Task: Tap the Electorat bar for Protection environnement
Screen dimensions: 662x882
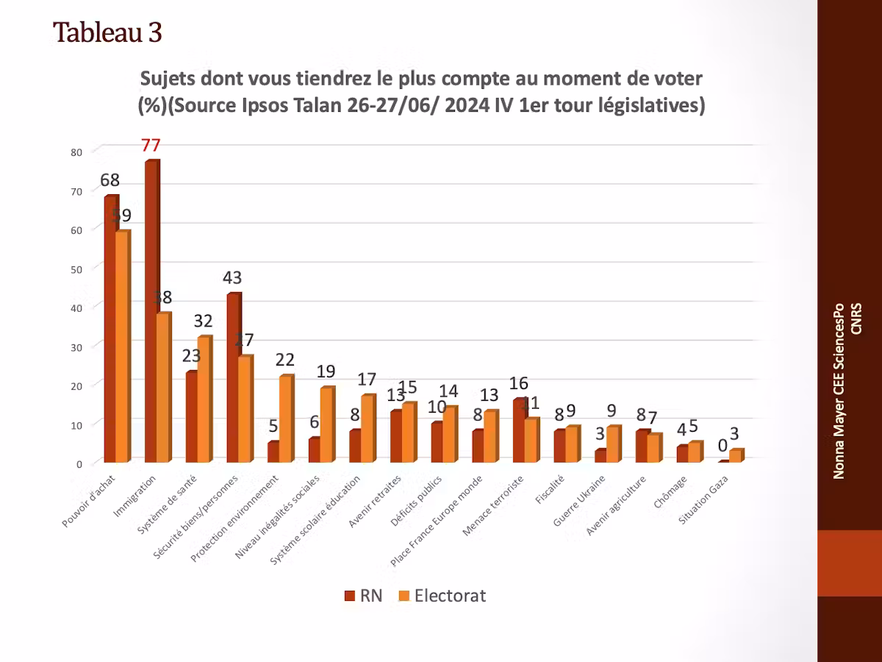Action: click(285, 419)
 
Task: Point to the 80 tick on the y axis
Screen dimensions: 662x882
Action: click(76, 152)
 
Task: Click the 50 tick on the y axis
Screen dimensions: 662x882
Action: click(76, 268)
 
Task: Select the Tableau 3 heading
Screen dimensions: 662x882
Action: click(107, 32)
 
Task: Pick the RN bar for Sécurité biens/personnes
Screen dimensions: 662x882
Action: click(233, 378)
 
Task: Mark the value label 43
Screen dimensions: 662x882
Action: click(233, 278)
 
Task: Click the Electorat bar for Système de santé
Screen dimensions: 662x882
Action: click(204, 400)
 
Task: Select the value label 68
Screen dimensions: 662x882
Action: click(110, 180)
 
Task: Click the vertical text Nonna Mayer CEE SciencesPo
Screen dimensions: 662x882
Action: click(839, 390)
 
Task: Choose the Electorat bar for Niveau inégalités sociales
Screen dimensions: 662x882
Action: click(326, 425)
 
